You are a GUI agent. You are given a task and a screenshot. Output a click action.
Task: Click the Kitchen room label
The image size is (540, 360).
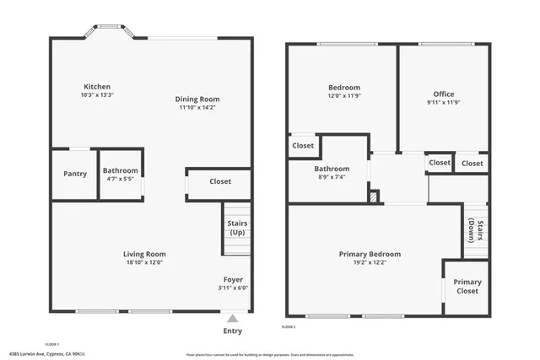tap(97, 87)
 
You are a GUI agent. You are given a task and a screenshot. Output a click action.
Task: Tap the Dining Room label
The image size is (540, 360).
tap(197, 99)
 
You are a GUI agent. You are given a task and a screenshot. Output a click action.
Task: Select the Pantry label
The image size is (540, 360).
tap(75, 174)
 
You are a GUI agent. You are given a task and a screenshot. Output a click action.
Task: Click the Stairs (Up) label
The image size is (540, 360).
tap(237, 228)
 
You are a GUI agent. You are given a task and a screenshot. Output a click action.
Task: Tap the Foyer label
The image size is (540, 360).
tap(233, 279)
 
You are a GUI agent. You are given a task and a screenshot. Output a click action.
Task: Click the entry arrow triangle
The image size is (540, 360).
tap(232, 319)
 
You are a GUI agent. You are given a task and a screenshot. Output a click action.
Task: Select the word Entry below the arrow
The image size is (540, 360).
tap(232, 330)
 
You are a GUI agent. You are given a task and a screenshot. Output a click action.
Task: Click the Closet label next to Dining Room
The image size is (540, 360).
tap(220, 181)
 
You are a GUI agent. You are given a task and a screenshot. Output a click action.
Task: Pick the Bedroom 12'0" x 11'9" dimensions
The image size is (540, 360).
tap(343, 96)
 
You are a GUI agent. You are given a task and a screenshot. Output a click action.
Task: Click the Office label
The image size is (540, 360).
tap(444, 94)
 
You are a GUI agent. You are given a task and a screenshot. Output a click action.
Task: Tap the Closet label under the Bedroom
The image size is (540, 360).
tap(303, 146)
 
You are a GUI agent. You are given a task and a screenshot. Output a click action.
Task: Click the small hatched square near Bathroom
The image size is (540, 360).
tap(374, 196)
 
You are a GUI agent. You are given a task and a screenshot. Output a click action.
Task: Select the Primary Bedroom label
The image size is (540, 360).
tap(370, 254)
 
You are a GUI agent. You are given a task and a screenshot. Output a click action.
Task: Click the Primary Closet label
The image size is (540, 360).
tap(467, 286)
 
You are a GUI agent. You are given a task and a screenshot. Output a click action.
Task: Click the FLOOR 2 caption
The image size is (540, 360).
tap(289, 326)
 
